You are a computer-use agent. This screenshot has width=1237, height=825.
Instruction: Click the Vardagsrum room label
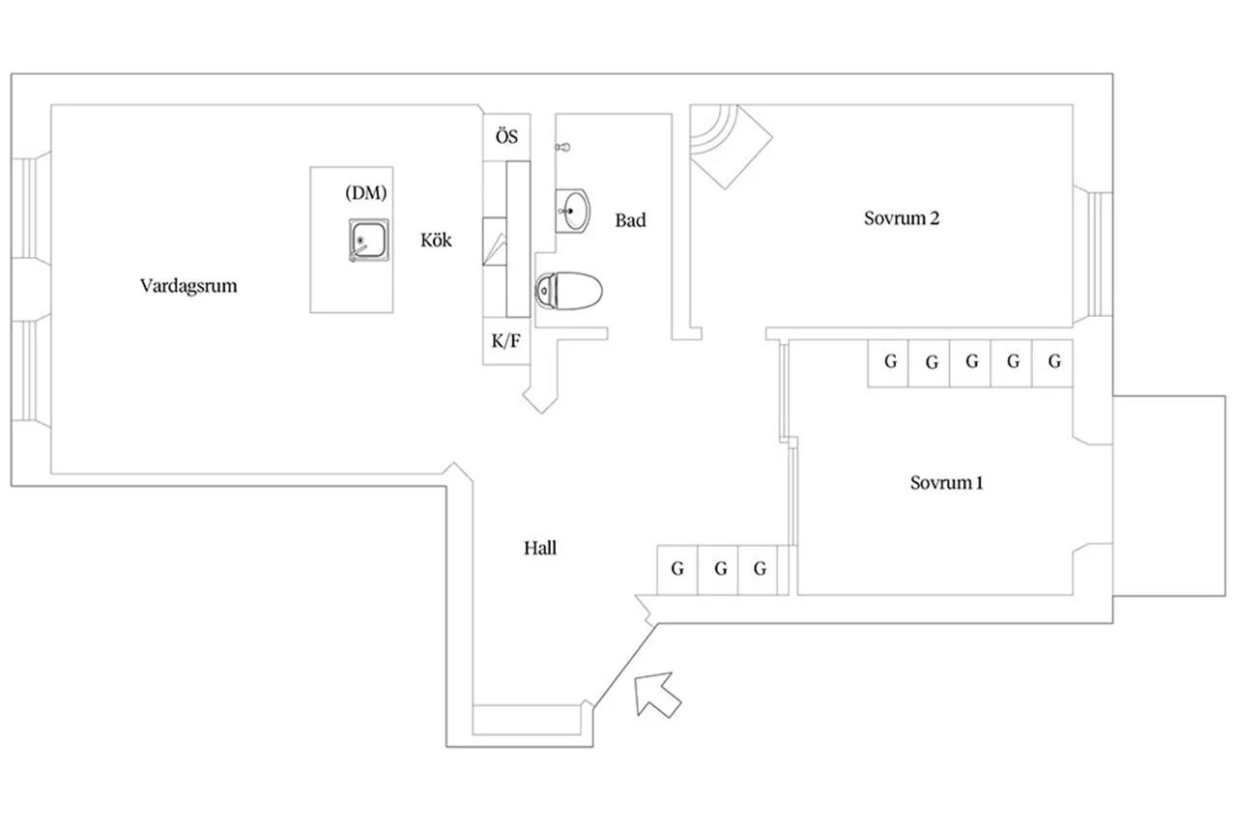[188, 286]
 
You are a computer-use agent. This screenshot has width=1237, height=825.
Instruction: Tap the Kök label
[436, 241]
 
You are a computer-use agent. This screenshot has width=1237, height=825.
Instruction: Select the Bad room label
[630, 220]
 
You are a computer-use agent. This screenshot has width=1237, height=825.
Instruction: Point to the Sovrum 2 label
[901, 217]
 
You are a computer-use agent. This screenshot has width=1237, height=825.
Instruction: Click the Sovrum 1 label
[946, 482]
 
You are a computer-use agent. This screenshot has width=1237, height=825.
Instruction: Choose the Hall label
[540, 548]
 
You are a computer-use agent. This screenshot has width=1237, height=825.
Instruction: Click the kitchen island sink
[369, 240]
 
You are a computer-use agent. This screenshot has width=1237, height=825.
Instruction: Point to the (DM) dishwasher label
[365, 192]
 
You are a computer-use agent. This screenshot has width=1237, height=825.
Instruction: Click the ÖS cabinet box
[506, 137]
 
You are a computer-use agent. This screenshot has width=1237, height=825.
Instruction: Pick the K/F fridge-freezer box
[506, 340]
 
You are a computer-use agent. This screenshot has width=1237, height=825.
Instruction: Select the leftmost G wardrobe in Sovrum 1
[889, 362]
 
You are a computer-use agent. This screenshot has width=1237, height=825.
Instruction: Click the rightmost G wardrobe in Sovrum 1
[1054, 362]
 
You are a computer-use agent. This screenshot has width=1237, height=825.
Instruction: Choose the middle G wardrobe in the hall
[719, 569]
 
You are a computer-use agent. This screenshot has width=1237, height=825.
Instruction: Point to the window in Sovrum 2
[1096, 252]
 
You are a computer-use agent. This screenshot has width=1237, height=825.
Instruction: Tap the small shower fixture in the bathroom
[564, 147]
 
